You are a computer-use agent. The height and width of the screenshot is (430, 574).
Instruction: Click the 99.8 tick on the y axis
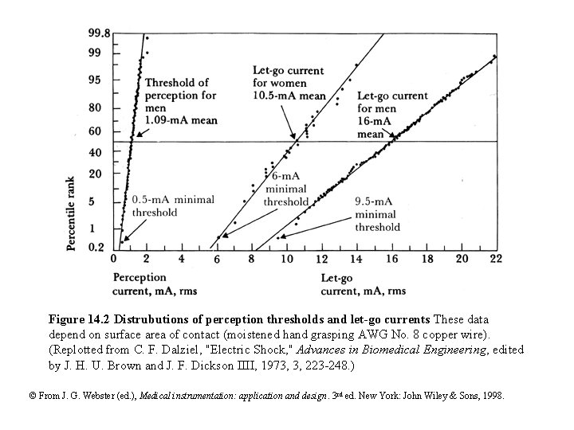pos(99,33)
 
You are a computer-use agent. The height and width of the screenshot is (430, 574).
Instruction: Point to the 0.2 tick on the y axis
pos(96,247)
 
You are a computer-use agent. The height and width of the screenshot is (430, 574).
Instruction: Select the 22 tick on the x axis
pos(495,259)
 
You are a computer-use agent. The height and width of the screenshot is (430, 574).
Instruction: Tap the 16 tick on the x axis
pos(392,259)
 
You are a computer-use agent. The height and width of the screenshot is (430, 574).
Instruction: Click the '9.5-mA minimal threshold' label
pos(377,214)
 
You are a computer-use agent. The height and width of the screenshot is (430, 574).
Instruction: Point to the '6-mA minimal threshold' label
pos(285,190)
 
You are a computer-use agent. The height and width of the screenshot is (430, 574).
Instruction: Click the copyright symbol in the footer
pos(32,396)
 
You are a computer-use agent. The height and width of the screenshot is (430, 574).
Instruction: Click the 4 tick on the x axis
pos(183,259)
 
